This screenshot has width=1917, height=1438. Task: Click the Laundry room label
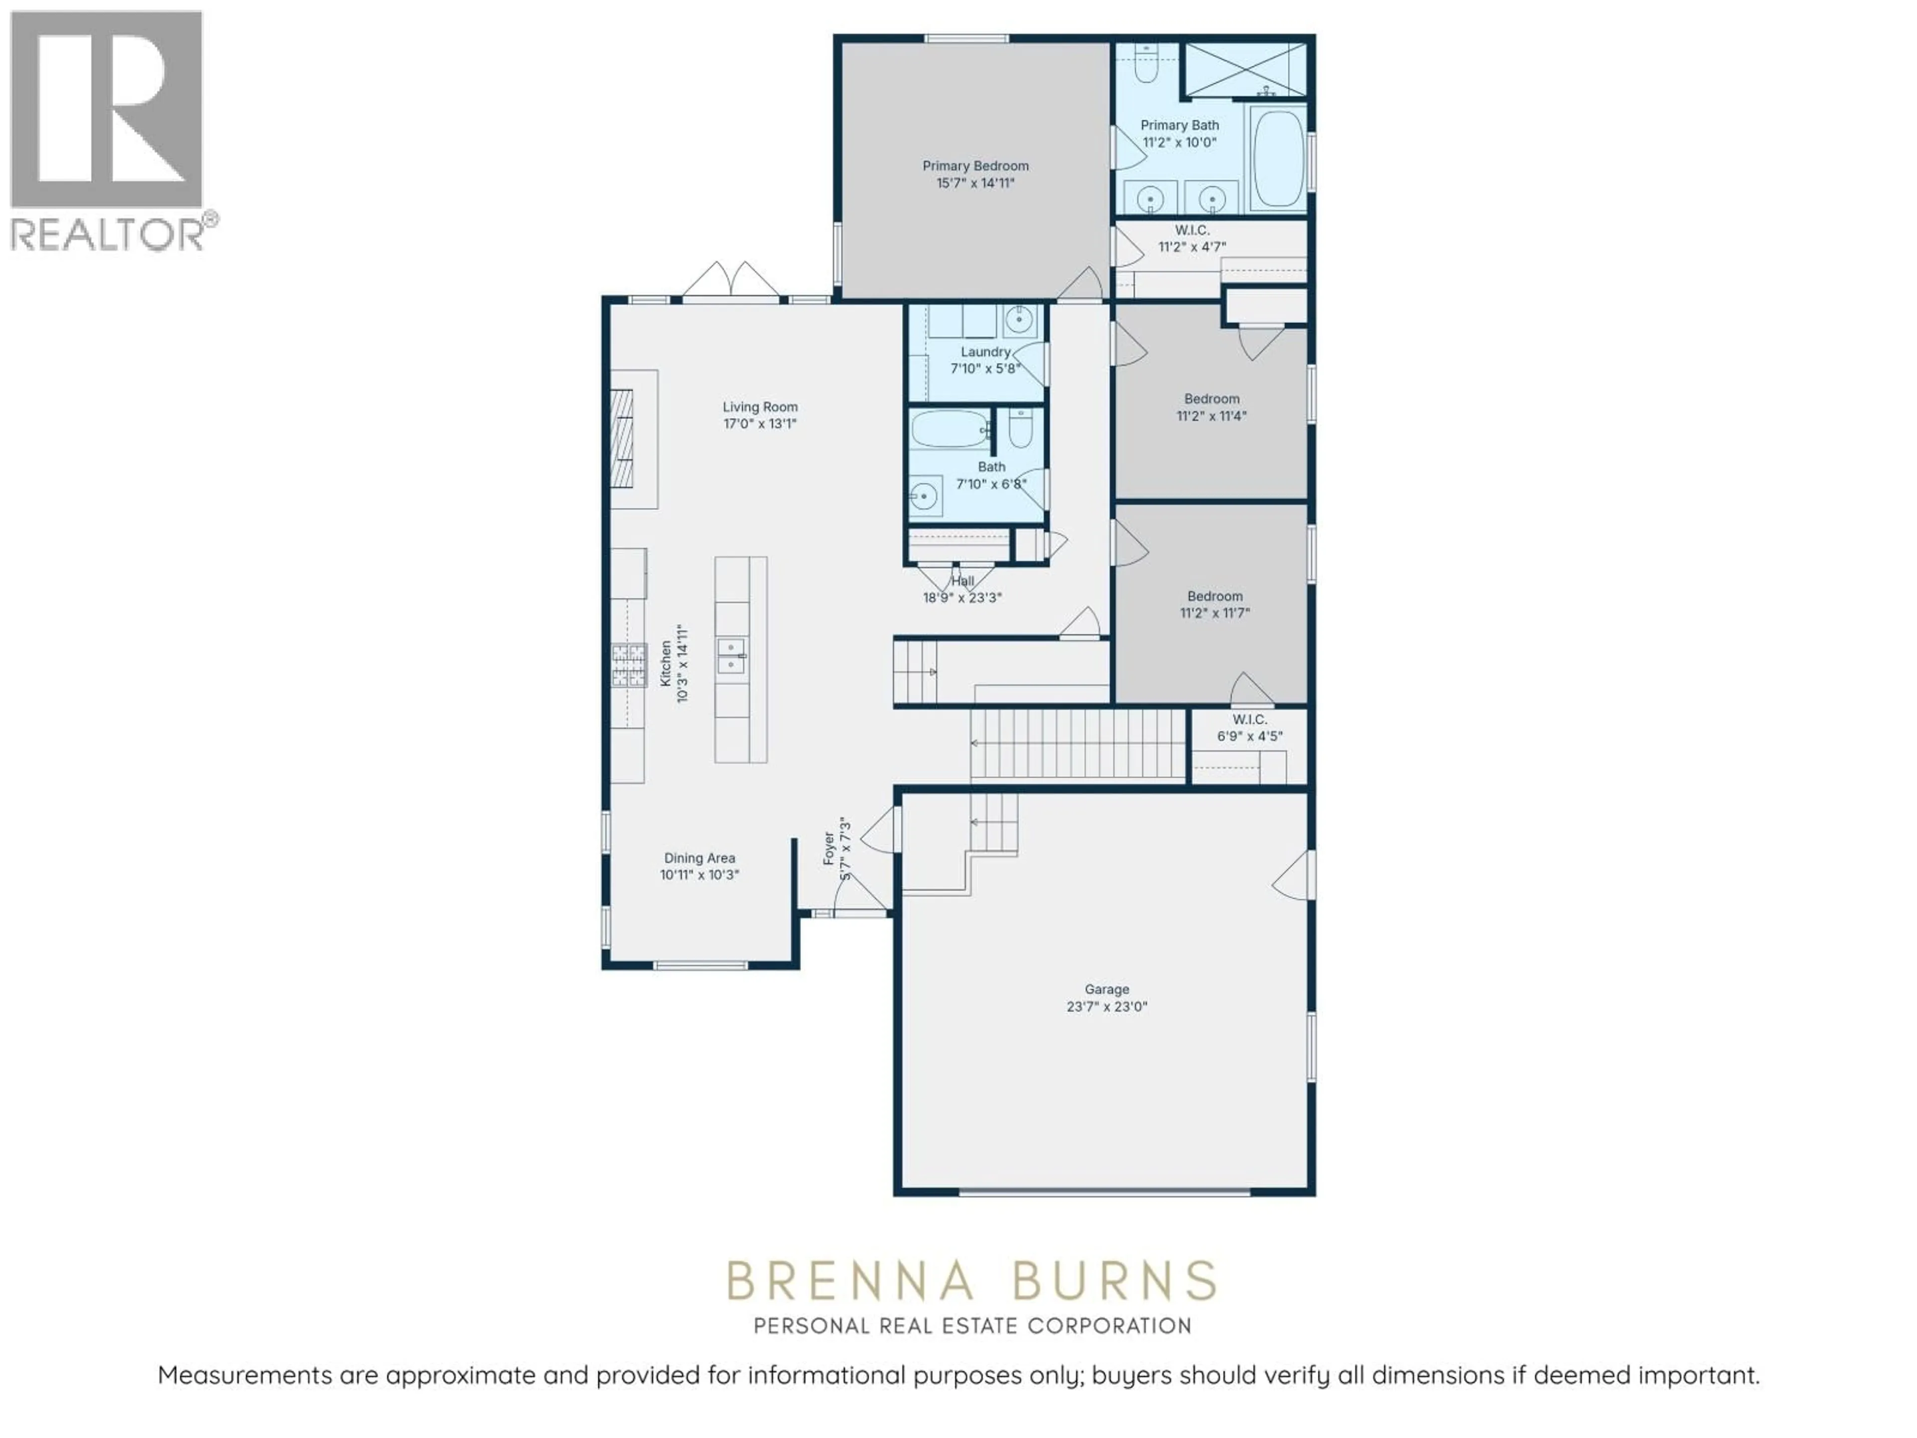985,352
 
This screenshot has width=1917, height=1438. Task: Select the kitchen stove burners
629,666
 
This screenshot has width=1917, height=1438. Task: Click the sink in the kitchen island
732,657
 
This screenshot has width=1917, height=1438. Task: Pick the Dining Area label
699,858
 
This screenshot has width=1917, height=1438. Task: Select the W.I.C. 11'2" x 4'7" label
1193,238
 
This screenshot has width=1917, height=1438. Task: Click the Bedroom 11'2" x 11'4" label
1212,406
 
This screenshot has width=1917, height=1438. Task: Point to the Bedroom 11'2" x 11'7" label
1214,604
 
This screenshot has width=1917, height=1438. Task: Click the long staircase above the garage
1077,743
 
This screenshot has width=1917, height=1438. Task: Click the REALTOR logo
107,130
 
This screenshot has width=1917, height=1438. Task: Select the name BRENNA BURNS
971,1281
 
